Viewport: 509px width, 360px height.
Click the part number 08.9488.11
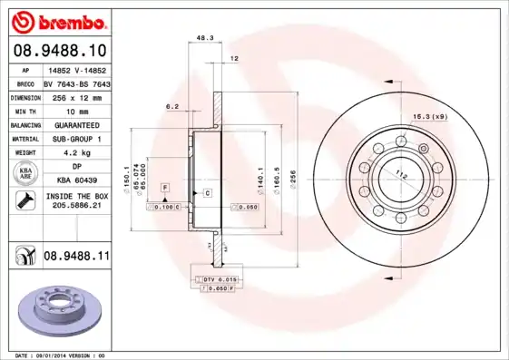76,258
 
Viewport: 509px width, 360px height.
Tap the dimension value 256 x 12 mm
76,95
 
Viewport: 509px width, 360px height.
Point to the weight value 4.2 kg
76,153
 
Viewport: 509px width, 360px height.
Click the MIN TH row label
24,110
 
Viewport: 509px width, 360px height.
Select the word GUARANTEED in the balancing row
76,124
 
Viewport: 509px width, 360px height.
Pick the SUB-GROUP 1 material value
76,139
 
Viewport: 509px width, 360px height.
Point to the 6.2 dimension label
171,106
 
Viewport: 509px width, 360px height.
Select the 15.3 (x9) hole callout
430,117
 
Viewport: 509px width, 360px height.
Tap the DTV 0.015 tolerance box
219,278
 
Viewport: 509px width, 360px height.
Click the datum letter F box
164,187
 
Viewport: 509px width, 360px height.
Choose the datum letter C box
207,193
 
